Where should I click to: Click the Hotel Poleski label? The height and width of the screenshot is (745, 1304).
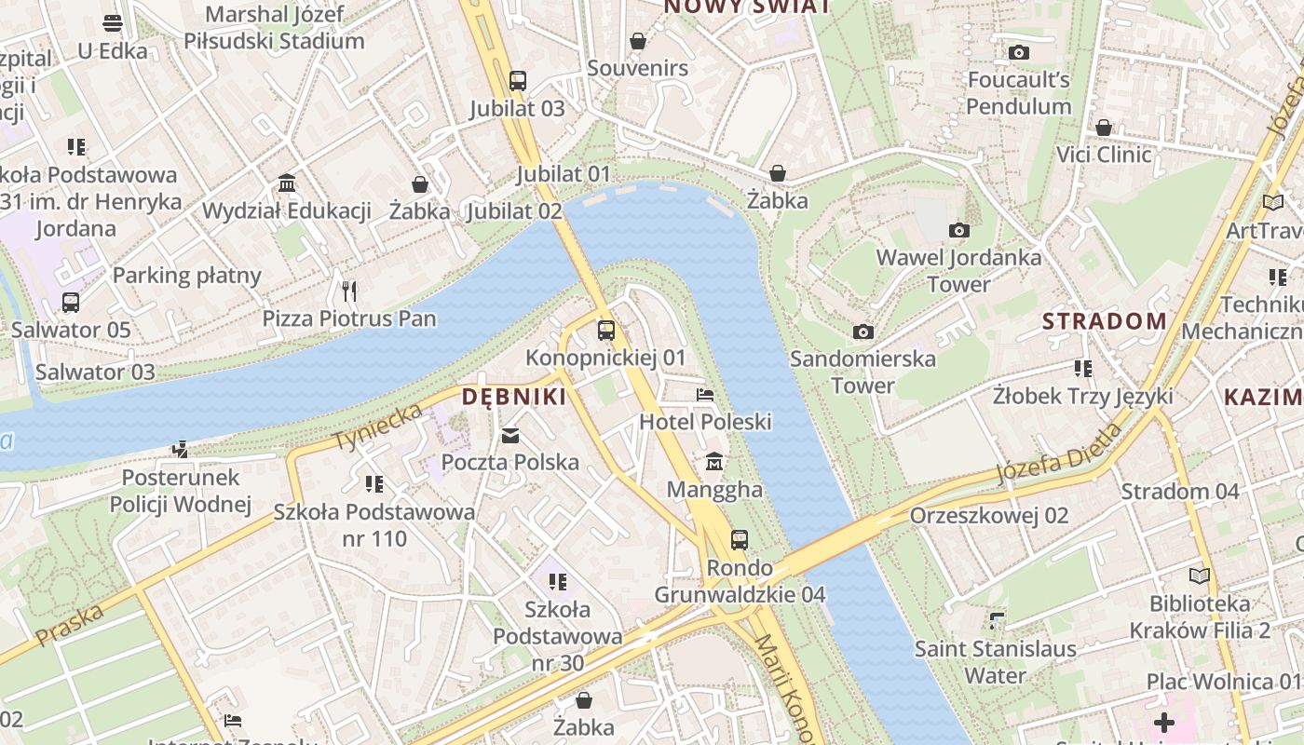[705, 422]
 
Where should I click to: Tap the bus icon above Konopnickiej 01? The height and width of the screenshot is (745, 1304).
[606, 330]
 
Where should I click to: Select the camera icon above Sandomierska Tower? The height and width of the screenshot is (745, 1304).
[863, 332]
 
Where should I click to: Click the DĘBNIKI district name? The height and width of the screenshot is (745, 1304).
[514, 397]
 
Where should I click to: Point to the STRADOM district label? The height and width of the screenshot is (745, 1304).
[1104, 321]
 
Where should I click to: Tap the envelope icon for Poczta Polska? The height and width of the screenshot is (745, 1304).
[510, 435]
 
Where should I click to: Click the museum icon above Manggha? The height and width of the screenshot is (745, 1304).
[714, 461]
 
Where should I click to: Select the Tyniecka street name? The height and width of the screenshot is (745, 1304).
[377, 427]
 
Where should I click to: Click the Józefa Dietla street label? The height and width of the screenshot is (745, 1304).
[1059, 454]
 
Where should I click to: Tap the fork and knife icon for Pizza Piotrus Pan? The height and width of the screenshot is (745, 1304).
[349, 291]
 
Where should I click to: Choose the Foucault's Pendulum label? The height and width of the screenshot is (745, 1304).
[1018, 93]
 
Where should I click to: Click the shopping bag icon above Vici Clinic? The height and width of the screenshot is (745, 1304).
[1104, 127]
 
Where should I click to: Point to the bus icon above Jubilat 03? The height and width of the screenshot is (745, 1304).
[517, 81]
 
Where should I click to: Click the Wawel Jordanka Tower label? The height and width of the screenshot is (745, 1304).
[958, 270]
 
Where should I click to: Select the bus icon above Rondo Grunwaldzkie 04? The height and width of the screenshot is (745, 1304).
[740, 539]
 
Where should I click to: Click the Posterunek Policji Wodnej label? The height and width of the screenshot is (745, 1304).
[181, 491]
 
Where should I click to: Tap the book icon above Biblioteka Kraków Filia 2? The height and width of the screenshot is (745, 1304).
[1200, 576]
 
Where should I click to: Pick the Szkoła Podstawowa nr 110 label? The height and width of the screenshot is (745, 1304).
[374, 525]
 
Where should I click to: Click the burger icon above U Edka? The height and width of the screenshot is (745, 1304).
[113, 23]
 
